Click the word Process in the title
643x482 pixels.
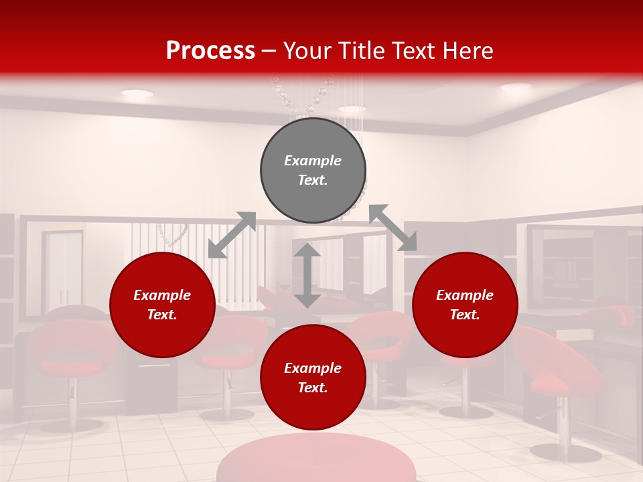pyautogui.click(x=210, y=51)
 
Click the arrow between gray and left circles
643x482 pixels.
pyautogui.click(x=232, y=235)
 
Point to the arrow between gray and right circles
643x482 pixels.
pyautogui.click(x=392, y=228)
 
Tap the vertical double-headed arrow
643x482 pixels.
pyautogui.click(x=307, y=275)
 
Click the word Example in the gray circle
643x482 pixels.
pyautogui.click(x=313, y=161)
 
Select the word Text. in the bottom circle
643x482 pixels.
pyautogui.click(x=313, y=388)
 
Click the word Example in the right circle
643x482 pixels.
pyautogui.click(x=465, y=295)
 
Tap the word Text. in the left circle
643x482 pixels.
pyautogui.click(x=162, y=315)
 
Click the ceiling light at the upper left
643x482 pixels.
pyautogui.click(x=137, y=94)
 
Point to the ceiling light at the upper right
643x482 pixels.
pyautogui.click(x=515, y=87)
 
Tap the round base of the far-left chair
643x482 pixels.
pyautogui.click(x=72, y=425)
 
